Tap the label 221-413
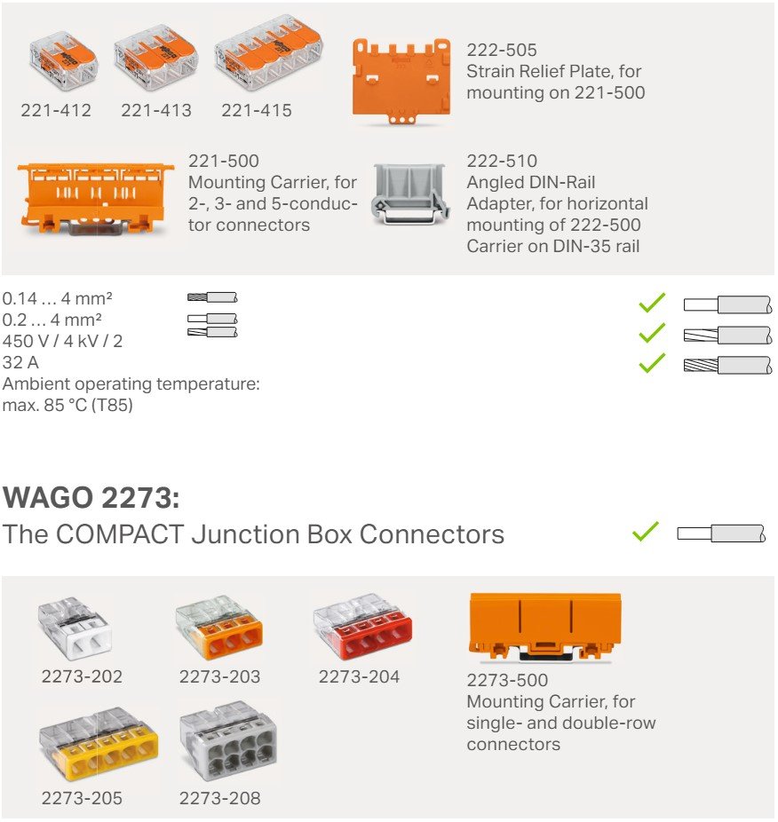(156, 111)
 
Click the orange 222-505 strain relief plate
(408, 80)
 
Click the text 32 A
(20, 363)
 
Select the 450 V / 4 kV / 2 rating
(62, 341)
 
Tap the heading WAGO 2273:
(91, 497)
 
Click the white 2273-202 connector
(75, 628)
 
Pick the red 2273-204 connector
(362, 628)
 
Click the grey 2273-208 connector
(227, 742)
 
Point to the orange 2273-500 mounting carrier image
(544, 628)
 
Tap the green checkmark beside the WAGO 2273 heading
(646, 533)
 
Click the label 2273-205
(82, 798)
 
